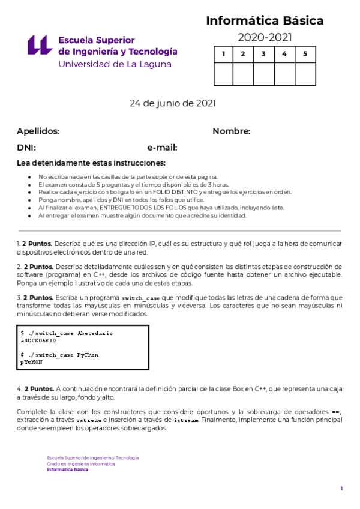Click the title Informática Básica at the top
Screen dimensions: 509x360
265,21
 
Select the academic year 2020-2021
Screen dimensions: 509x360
265,38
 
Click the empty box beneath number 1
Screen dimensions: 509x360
224,74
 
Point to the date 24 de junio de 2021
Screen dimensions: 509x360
173,103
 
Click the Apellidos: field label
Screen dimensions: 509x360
38,131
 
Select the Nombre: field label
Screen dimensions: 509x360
231,131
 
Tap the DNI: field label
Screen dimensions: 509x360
26,148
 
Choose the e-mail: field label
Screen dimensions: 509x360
162,148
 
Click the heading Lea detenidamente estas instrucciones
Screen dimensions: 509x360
91,163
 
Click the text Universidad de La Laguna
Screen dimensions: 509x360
115,64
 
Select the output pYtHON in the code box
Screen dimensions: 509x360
31,363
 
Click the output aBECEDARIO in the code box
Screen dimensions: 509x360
38,340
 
